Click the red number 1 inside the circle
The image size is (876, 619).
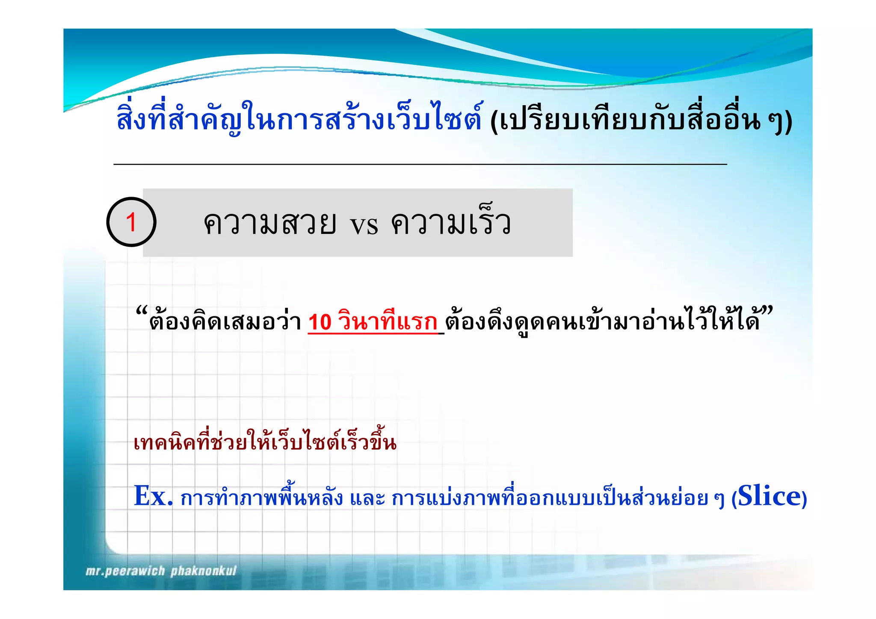click(131, 222)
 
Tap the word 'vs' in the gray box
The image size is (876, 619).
click(364, 224)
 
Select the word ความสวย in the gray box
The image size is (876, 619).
click(270, 223)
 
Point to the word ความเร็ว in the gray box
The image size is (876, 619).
click(451, 223)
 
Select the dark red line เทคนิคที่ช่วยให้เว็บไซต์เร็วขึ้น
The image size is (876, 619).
click(265, 442)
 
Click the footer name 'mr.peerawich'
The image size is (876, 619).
click(125, 571)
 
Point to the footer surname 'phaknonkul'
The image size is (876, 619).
click(204, 571)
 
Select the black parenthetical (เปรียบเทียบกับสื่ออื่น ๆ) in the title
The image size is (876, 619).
click(641, 121)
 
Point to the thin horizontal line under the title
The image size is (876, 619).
click(420, 164)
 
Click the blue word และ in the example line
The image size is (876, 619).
click(367, 498)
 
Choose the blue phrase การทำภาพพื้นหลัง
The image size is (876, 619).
click(261, 498)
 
